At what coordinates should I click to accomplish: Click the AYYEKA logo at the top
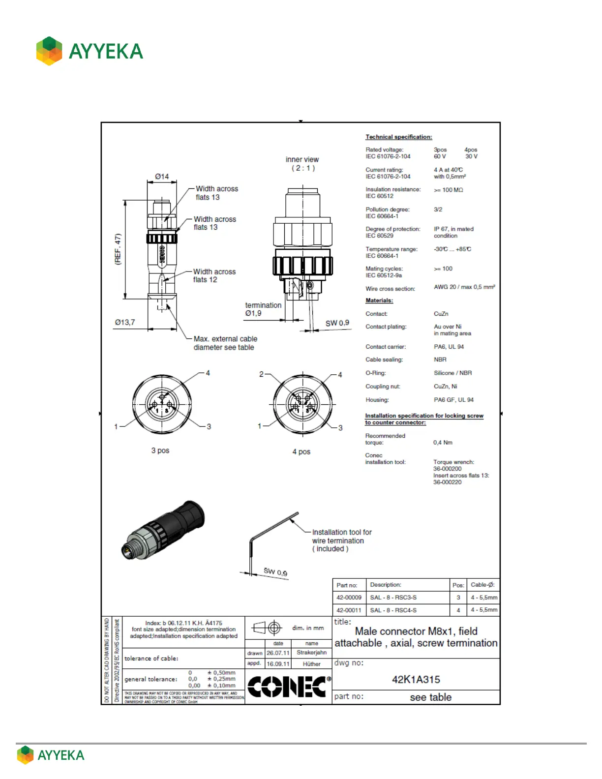[x=90, y=51]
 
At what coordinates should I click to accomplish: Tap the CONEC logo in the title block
[x=288, y=687]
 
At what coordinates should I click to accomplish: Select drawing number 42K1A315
[x=416, y=680]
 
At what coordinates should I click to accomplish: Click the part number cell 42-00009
[x=349, y=598]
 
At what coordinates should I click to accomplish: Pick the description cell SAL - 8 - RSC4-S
[x=393, y=610]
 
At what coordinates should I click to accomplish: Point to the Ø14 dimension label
[x=162, y=177]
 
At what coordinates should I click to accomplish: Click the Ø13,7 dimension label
[x=125, y=323]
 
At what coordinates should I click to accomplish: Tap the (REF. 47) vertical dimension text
[x=118, y=249]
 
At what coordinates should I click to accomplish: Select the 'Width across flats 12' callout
[x=214, y=275]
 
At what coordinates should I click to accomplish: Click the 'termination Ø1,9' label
[x=263, y=309]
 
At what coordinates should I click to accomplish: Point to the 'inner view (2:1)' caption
[x=302, y=163]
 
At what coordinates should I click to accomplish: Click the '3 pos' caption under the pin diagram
[x=160, y=450]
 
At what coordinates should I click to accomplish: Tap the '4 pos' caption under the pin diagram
[x=301, y=452]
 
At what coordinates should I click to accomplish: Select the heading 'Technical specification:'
[x=398, y=137]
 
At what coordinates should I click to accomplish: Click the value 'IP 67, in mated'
[x=453, y=229]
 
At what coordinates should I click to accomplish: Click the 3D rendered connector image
[x=163, y=530]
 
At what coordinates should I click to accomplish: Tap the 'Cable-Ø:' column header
[x=482, y=585]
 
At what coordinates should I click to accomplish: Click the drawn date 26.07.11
[x=278, y=653]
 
